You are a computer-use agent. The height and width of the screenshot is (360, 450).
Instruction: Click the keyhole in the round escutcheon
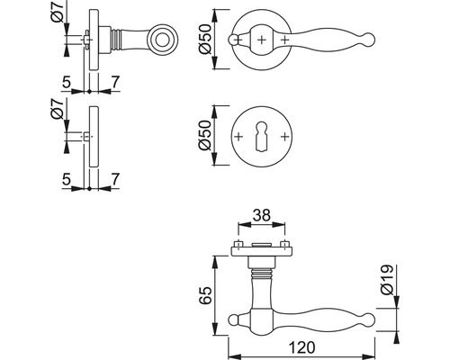[x=262, y=137]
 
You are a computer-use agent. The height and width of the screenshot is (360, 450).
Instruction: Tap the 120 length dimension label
[x=301, y=348]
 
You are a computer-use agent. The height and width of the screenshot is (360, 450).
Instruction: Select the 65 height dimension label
[x=206, y=295]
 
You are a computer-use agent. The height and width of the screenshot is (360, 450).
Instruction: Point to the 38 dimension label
[x=262, y=215]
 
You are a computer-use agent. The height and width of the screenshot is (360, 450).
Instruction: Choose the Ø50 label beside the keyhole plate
[x=206, y=135]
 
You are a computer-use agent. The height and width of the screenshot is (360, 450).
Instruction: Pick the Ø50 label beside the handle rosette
[x=206, y=40]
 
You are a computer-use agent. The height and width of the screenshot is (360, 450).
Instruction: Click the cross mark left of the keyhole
[x=238, y=137]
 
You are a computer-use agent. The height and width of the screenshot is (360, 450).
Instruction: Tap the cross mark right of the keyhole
[x=284, y=137]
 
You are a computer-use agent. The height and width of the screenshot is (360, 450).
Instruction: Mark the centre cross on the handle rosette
[x=262, y=40]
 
